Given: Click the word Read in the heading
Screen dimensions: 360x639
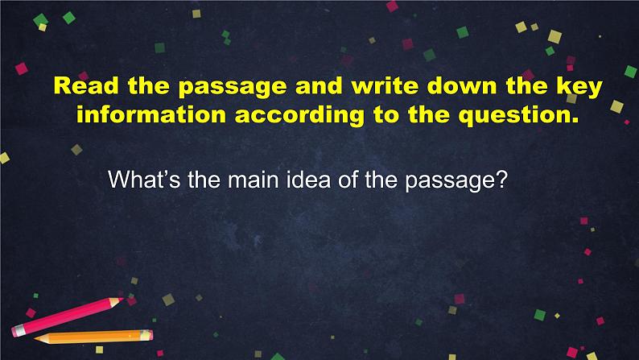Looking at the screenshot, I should click(x=80, y=86).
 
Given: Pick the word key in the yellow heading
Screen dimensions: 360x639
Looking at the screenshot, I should click(x=579, y=86).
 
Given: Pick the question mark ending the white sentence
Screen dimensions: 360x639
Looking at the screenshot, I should click(x=500, y=180).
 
